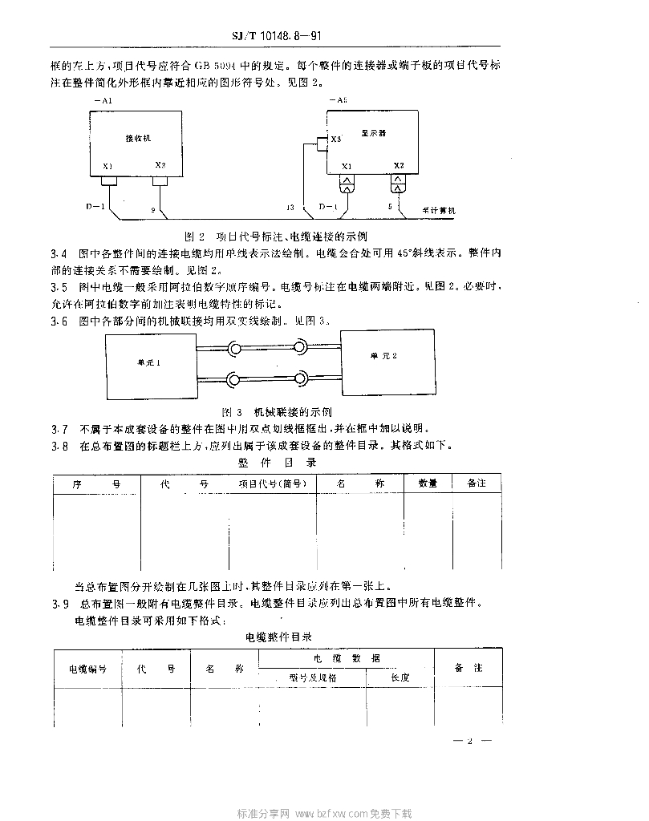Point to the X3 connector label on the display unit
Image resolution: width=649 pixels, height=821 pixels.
click(x=336, y=139)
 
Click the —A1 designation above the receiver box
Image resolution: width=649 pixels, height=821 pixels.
click(x=102, y=100)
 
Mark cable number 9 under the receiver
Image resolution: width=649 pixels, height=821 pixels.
click(x=152, y=209)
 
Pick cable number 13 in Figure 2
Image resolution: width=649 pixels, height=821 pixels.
click(x=290, y=208)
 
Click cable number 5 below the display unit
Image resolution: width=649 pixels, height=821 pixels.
click(x=390, y=208)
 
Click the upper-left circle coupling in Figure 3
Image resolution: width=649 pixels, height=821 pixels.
click(x=236, y=349)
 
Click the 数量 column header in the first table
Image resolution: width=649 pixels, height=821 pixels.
click(x=428, y=484)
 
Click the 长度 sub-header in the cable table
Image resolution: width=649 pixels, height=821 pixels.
click(x=400, y=677)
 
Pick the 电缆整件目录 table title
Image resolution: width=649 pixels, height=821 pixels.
click(x=278, y=637)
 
